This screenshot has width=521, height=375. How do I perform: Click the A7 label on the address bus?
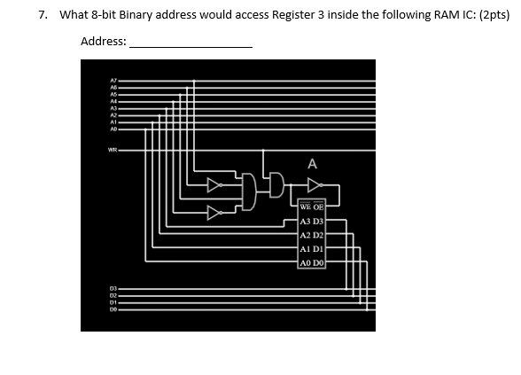coord(113,80)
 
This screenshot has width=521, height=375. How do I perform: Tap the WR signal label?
coord(113,149)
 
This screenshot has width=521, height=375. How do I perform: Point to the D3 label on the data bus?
coord(113,287)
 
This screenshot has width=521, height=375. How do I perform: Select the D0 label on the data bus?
coord(113,309)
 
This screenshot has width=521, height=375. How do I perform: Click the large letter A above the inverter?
coord(312,163)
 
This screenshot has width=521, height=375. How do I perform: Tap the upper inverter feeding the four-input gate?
coord(214,185)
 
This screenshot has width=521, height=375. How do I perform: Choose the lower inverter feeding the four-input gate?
coord(214,212)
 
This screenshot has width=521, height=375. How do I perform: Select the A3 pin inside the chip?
coord(305,223)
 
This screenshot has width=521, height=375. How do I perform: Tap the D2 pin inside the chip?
coord(319,236)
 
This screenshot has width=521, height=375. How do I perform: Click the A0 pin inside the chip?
coord(305,263)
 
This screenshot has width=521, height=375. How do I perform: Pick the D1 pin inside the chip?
coord(319,250)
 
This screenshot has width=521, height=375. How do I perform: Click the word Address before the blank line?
coord(103,42)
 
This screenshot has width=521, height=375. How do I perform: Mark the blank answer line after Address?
coord(191,44)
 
